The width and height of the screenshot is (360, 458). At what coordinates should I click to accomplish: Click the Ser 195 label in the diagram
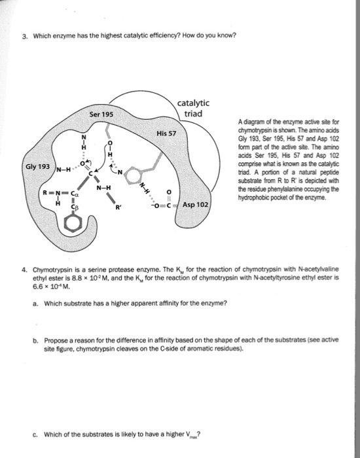(101, 114)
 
